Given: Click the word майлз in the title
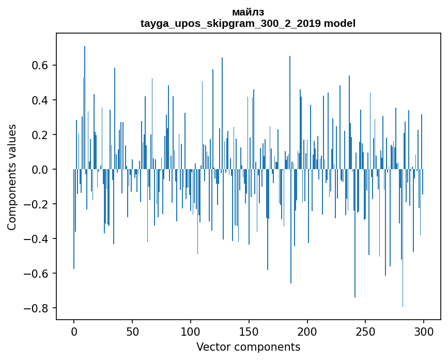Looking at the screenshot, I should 248,12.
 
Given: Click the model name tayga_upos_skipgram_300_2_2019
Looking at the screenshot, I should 230,24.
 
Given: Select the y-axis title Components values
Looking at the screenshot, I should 12,177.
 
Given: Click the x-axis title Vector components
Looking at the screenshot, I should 248,347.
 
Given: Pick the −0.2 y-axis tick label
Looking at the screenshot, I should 37,204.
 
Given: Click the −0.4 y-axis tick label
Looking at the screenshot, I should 37,239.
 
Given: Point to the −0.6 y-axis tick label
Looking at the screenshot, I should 37,274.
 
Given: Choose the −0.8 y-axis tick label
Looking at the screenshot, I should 37,308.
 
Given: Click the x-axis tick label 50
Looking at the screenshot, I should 132,331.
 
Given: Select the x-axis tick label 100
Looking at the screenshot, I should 191,331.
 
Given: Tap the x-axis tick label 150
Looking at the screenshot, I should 249,331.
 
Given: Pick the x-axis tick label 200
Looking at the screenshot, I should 307,331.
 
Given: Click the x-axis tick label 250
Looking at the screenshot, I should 366,331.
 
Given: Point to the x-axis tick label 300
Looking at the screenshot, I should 424,331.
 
